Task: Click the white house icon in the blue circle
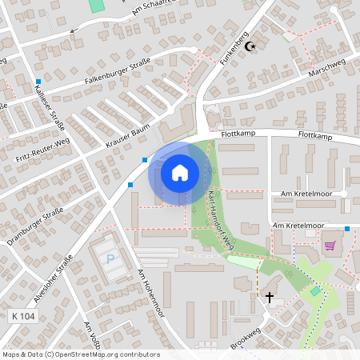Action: coord(179,172)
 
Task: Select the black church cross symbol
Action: coord(270,298)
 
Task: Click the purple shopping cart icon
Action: coord(329,246)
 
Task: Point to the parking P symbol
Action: coord(110,259)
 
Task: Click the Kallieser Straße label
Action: coord(50,103)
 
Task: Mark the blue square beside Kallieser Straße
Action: coord(38,82)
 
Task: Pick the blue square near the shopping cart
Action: coord(347,230)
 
